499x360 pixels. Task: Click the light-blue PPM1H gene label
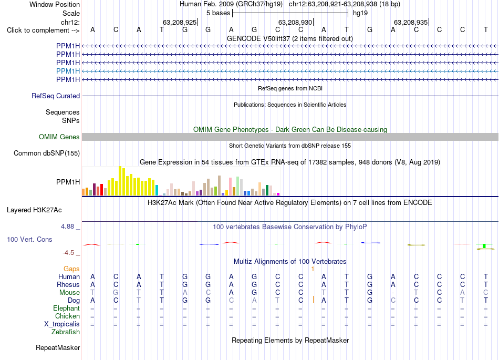pyautogui.click(x=68, y=71)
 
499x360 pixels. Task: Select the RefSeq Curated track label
pyautogui.click(x=56, y=96)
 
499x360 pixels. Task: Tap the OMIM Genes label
pyautogui.click(x=59, y=137)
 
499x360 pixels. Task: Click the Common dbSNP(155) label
pyautogui.click(x=47, y=153)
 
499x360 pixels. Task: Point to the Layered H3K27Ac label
pyautogui.click(x=34, y=210)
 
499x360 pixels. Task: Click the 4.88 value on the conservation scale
pyautogui.click(x=67, y=227)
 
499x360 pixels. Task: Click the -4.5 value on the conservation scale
pyautogui.click(x=68, y=253)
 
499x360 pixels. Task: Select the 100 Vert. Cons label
pyautogui.click(x=29, y=239)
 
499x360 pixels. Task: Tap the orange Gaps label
pyautogui.click(x=71, y=269)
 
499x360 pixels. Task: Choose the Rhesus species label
pyautogui.click(x=68, y=284)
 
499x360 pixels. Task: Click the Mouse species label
pyautogui.click(x=69, y=293)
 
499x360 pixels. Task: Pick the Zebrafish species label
pyautogui.click(x=66, y=332)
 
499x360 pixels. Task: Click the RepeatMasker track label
pyautogui.click(x=58, y=347)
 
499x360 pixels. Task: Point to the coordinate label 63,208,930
pyautogui.click(x=295, y=22)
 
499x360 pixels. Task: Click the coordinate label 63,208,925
pyautogui.click(x=180, y=22)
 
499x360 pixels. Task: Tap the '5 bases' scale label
pyautogui.click(x=219, y=13)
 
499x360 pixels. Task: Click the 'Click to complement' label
pyautogui.click(x=43, y=30)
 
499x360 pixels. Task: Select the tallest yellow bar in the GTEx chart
pyautogui.click(x=120, y=181)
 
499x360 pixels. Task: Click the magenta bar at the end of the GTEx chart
pyautogui.click(x=278, y=194)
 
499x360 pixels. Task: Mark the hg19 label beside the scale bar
pyautogui.click(x=360, y=13)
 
